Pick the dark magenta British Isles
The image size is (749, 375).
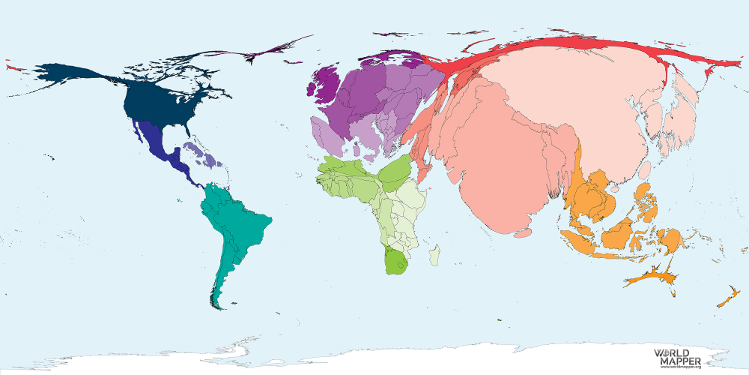click(324, 84)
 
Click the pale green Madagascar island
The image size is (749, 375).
click(435, 255)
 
